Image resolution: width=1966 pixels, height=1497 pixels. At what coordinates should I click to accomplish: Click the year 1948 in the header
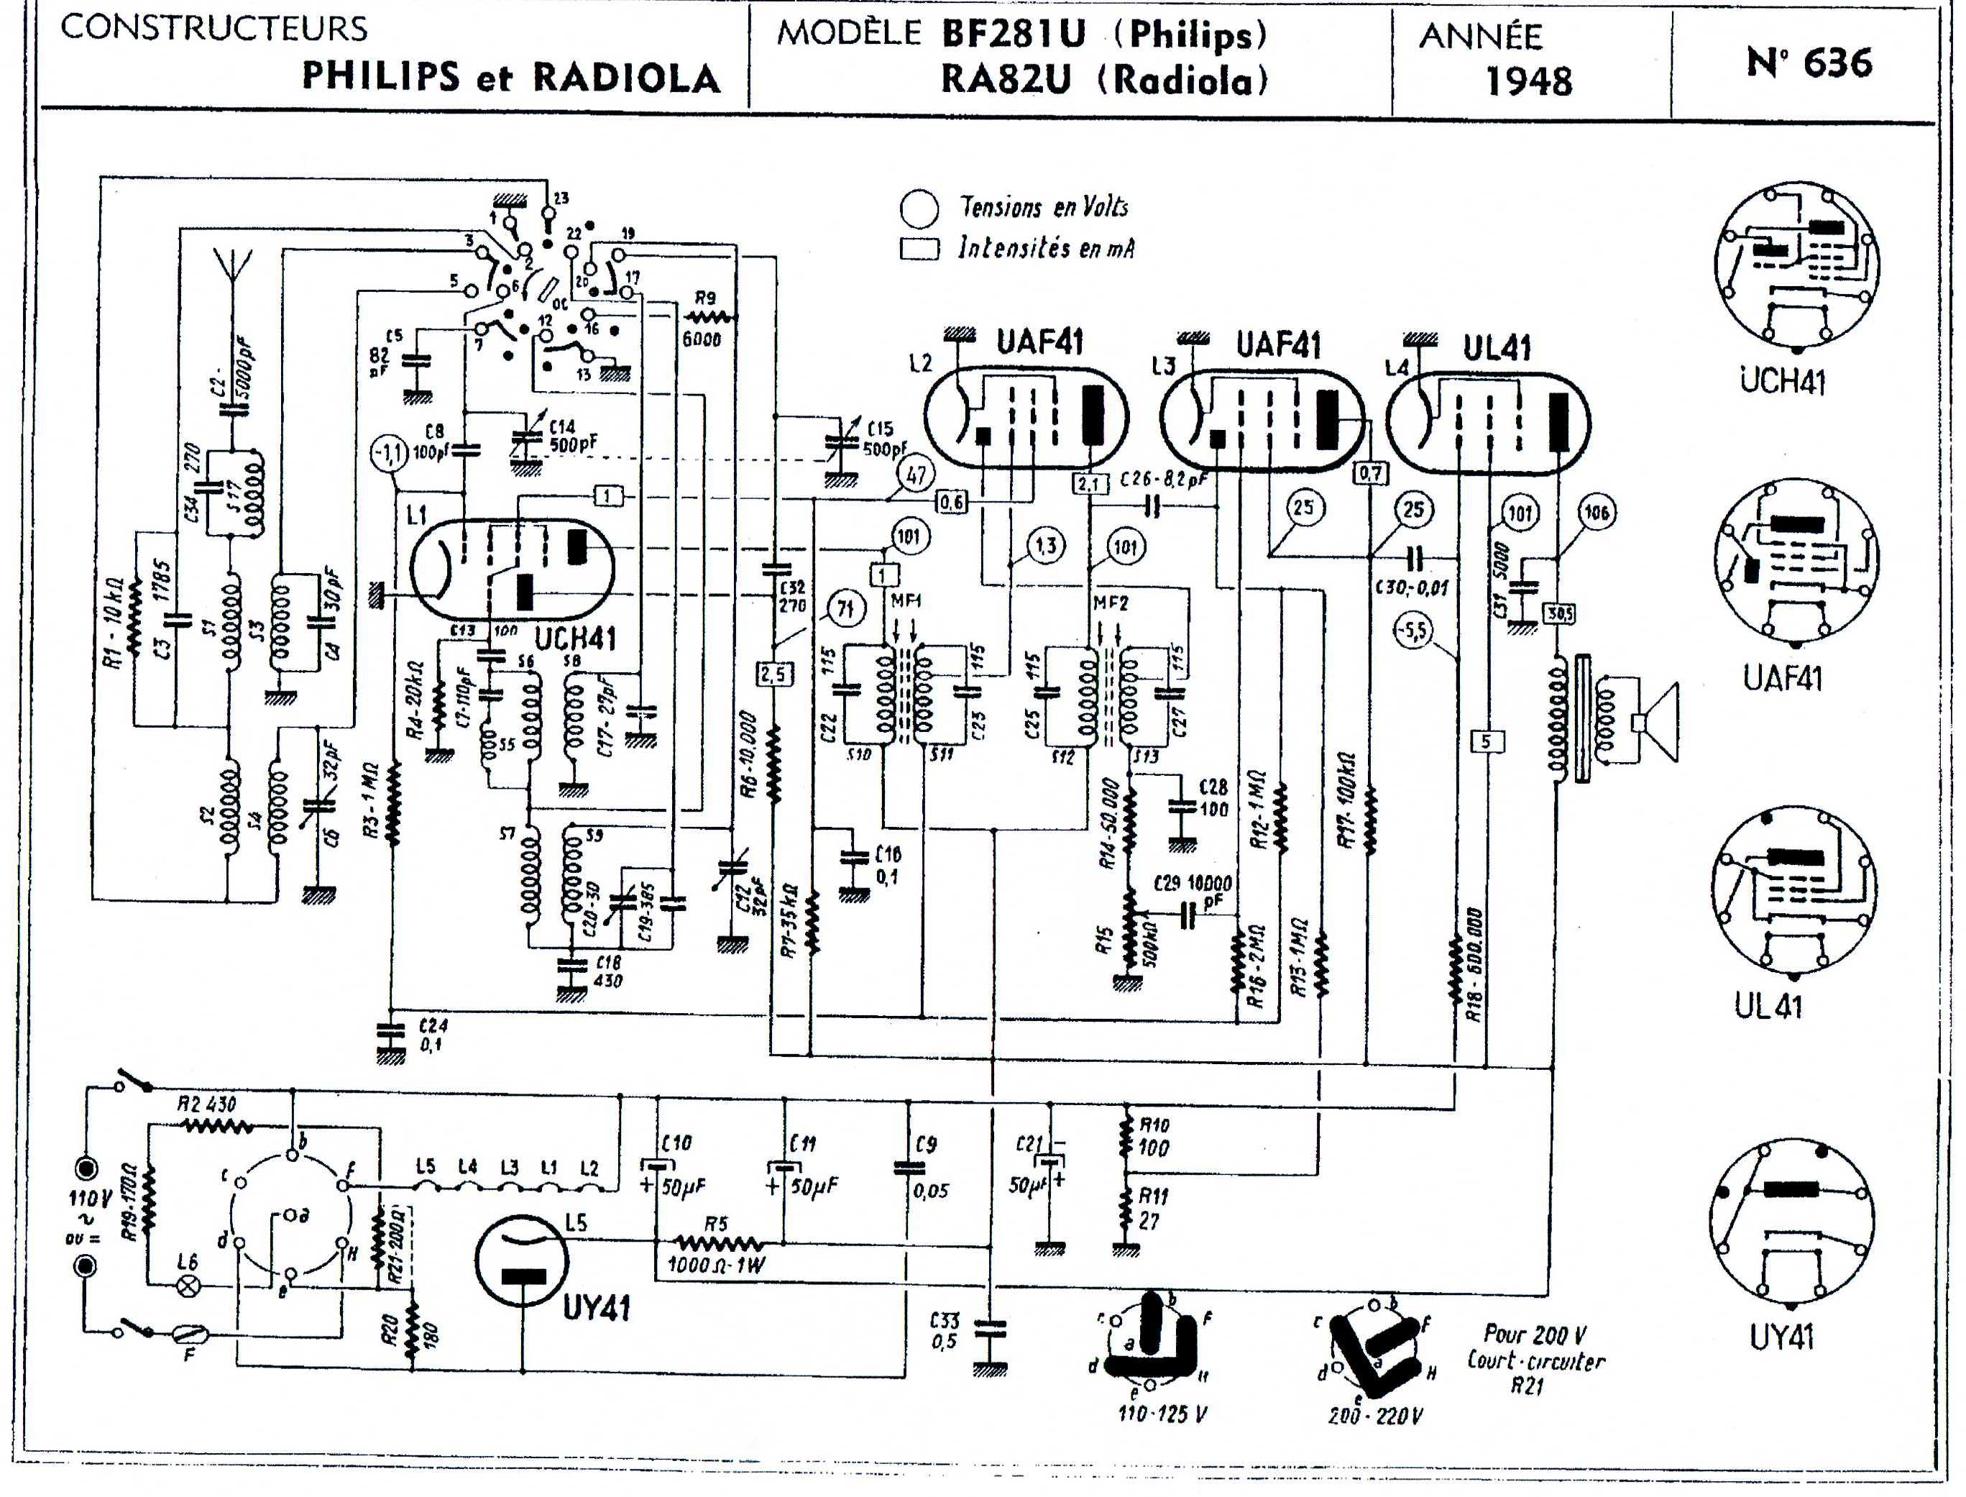[1529, 81]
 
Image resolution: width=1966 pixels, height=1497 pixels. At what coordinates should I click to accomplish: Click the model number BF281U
[1014, 35]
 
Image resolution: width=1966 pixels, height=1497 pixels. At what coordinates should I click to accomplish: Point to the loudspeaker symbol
[1657, 722]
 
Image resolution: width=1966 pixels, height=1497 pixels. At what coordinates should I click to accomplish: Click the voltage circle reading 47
[916, 475]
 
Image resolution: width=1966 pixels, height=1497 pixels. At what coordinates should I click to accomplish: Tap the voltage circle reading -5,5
[1413, 631]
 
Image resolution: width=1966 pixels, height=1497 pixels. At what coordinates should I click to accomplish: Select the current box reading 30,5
[1559, 614]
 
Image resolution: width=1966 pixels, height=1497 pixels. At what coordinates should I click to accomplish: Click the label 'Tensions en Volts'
[1043, 208]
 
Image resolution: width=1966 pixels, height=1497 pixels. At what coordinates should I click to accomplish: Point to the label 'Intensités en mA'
[1046, 248]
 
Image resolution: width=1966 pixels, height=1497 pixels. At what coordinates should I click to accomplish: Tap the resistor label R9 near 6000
[705, 298]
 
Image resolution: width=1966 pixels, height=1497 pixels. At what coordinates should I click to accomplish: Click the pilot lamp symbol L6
[188, 1285]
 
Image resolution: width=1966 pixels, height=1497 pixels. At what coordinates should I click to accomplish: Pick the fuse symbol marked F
[189, 1334]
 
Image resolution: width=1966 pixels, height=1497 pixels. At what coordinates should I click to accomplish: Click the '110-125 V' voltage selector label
[1162, 1414]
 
